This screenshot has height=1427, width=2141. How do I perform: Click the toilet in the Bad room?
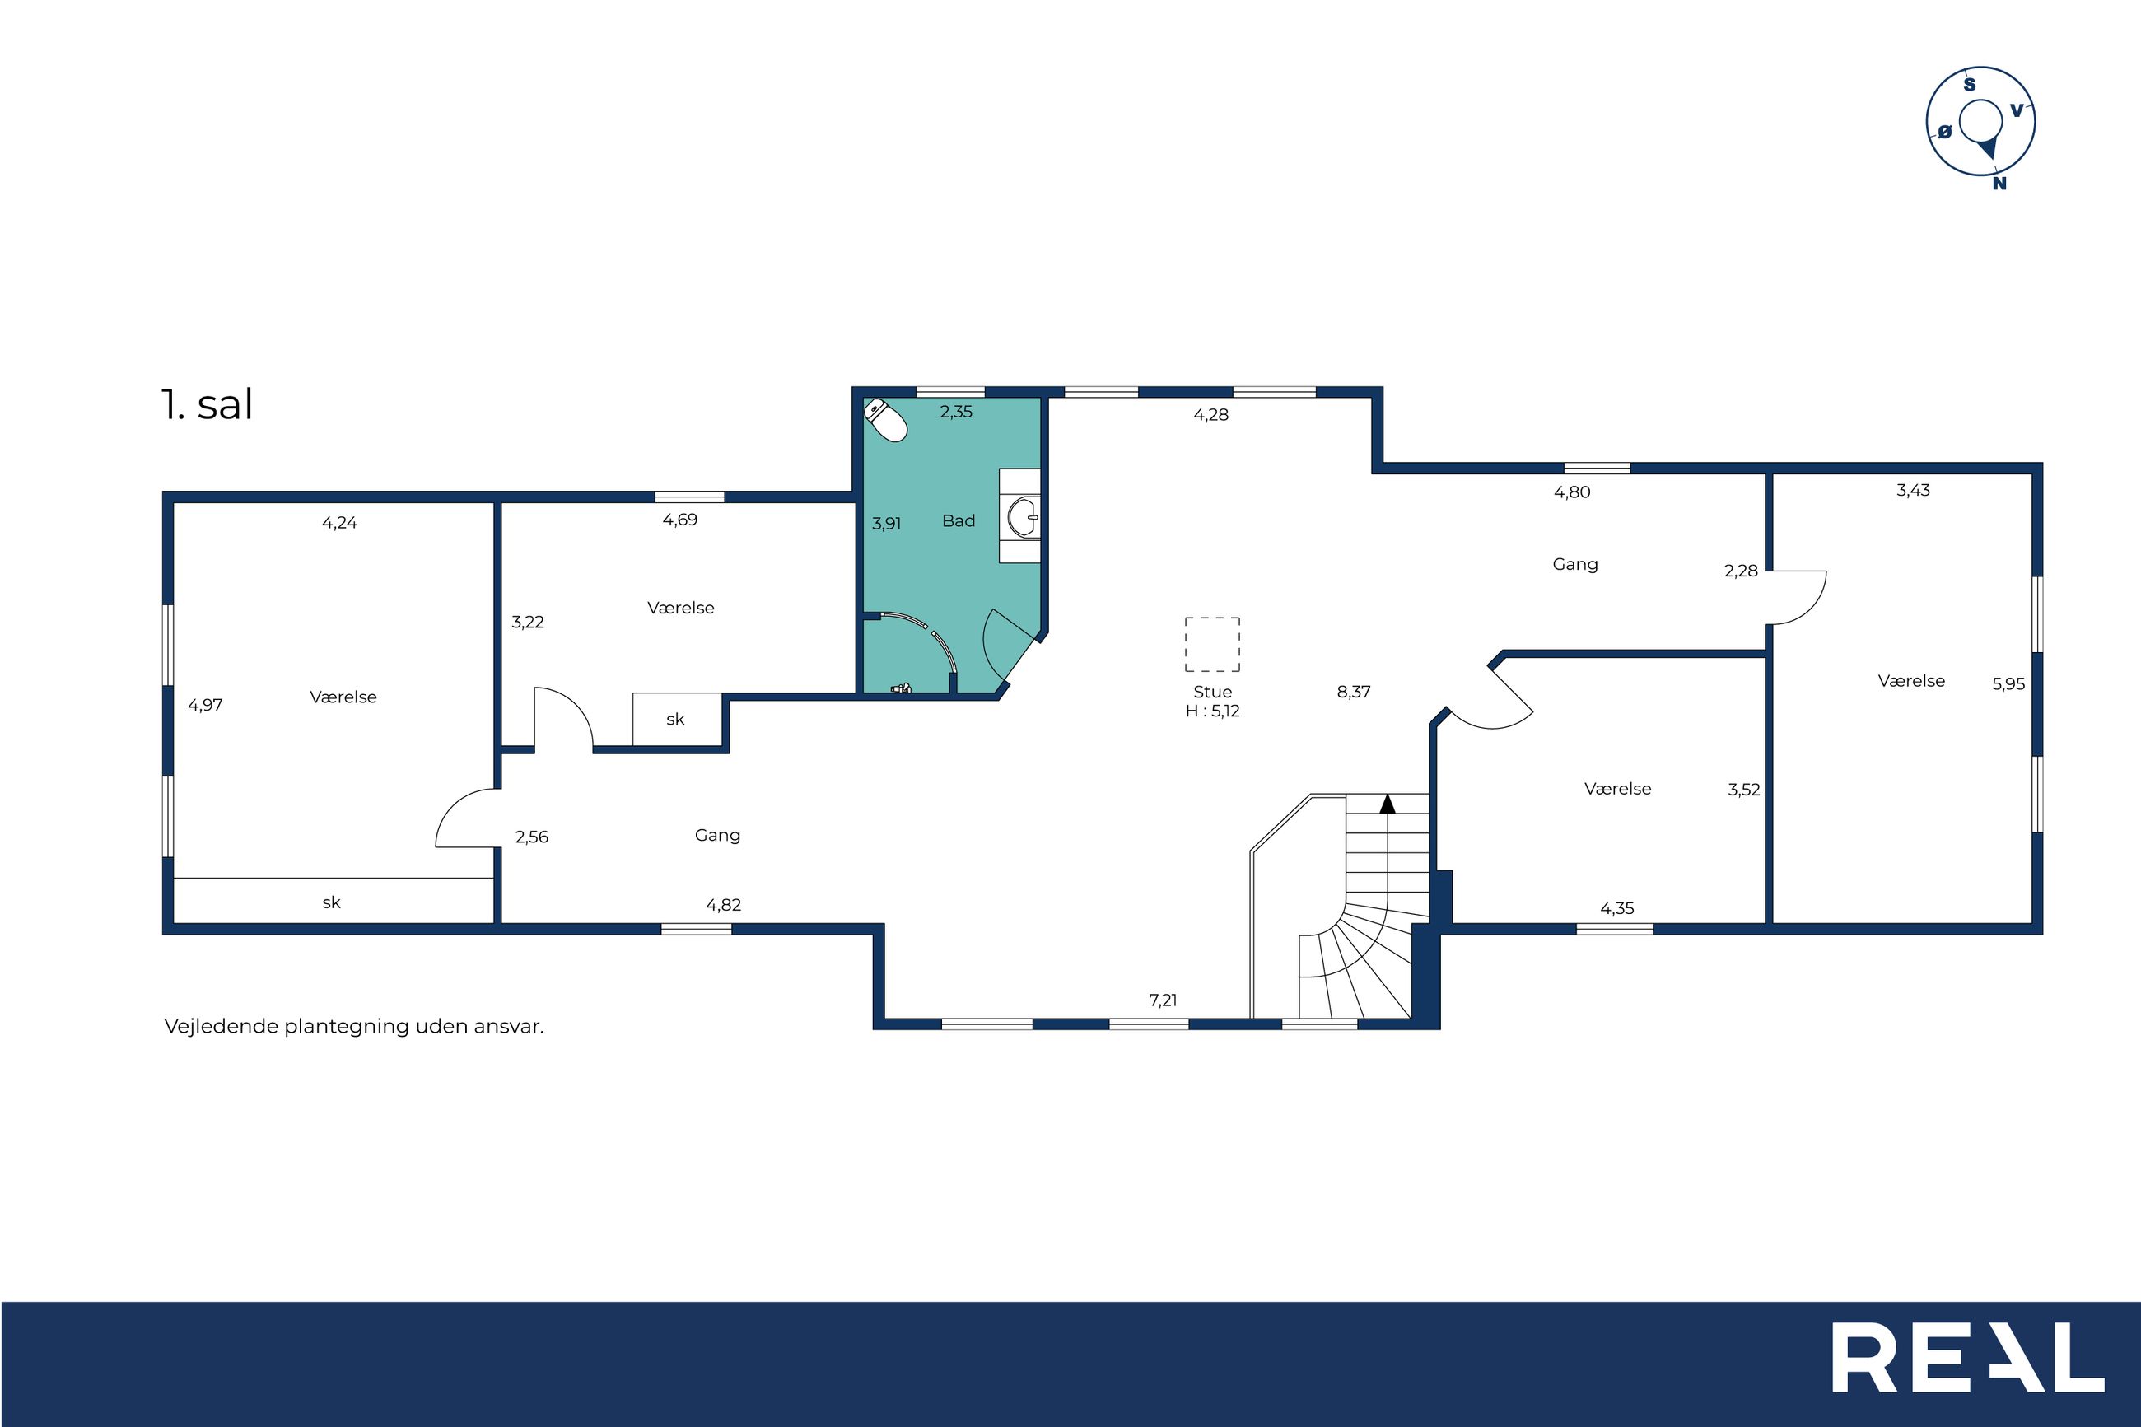[885, 420]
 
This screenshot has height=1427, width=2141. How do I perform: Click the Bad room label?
[959, 520]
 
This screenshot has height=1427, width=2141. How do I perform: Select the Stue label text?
[1212, 692]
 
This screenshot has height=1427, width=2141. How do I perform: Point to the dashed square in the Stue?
[1212, 645]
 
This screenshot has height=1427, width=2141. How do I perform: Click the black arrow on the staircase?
[1387, 804]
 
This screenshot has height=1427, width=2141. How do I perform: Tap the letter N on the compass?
[1999, 183]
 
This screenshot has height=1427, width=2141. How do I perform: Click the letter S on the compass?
[1970, 85]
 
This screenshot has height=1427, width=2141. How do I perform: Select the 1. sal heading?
[207, 404]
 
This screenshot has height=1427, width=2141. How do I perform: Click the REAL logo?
[1968, 1357]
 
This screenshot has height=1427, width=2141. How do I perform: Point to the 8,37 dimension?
[1353, 692]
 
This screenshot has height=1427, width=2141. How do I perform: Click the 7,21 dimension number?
[1163, 1000]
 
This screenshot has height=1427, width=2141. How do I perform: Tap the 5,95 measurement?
[2008, 683]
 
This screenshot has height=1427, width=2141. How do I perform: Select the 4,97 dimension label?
[205, 704]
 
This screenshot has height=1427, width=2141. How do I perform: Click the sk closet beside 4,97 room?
[332, 902]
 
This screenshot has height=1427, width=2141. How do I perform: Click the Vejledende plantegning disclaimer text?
[354, 1027]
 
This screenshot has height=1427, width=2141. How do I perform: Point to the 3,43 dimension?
[1913, 490]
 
